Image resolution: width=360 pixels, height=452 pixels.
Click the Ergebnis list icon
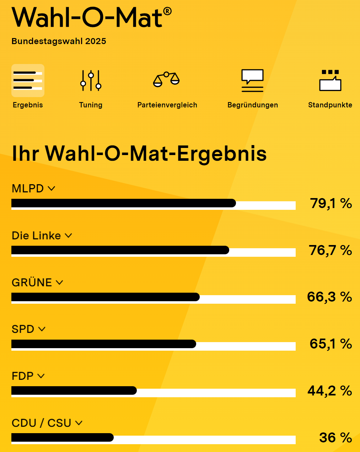28,81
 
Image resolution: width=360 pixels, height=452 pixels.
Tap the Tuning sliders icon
91,81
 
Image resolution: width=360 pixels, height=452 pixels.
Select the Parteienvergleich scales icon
166,80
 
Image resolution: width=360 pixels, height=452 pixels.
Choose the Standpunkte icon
330,80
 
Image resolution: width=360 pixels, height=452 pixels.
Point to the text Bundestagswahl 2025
59,41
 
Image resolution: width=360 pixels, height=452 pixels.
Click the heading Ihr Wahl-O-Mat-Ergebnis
139,154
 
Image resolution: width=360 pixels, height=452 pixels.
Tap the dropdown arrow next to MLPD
52,188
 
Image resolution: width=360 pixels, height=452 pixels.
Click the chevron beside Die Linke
68,235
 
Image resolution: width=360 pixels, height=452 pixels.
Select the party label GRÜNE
32,283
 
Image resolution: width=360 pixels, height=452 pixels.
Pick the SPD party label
23,329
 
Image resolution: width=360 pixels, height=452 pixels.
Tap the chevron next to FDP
41,376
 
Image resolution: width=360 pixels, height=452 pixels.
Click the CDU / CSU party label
42,423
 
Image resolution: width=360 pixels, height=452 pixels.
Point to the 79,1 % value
331,203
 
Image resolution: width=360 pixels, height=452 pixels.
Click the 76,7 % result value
330,250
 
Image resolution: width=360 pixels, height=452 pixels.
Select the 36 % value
335,437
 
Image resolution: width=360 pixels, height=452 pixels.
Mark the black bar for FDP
74,390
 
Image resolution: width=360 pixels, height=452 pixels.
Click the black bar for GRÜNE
105,297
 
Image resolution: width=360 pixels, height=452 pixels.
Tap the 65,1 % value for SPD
331,344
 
